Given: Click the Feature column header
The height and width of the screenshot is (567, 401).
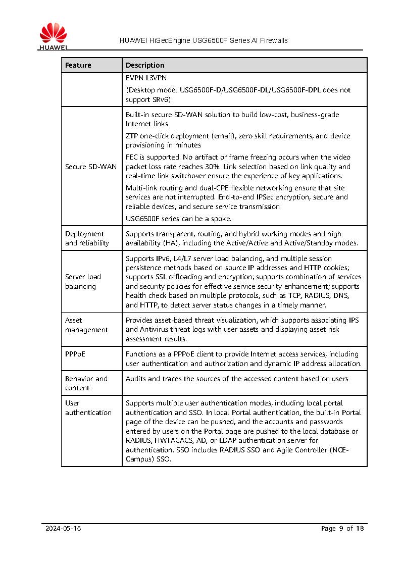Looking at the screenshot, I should pyautogui.click(x=78, y=65).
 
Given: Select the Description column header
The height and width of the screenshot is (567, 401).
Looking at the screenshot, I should pyautogui.click(x=145, y=65).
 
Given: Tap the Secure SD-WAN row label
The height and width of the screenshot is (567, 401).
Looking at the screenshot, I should pyautogui.click(x=91, y=167).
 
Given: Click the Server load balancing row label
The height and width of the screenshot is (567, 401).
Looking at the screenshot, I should pyautogui.click(x=83, y=281).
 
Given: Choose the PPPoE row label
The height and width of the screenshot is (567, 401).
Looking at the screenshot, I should pyautogui.click(x=75, y=354).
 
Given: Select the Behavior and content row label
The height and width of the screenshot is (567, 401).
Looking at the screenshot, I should pyautogui.click(x=86, y=383).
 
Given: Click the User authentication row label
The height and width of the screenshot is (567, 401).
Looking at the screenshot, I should pyautogui.click(x=88, y=407).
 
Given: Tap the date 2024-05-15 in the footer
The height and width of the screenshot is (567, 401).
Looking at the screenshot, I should pyautogui.click(x=63, y=529).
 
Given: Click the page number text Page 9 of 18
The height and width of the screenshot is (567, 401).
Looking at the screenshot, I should pyautogui.click(x=342, y=529).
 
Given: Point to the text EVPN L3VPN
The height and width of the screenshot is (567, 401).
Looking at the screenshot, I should pyautogui.click(x=146, y=78).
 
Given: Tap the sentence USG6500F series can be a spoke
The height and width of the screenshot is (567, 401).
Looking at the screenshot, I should pyautogui.click(x=178, y=219).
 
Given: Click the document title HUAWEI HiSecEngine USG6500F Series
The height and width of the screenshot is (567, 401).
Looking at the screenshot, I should pyautogui.click(x=204, y=40).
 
